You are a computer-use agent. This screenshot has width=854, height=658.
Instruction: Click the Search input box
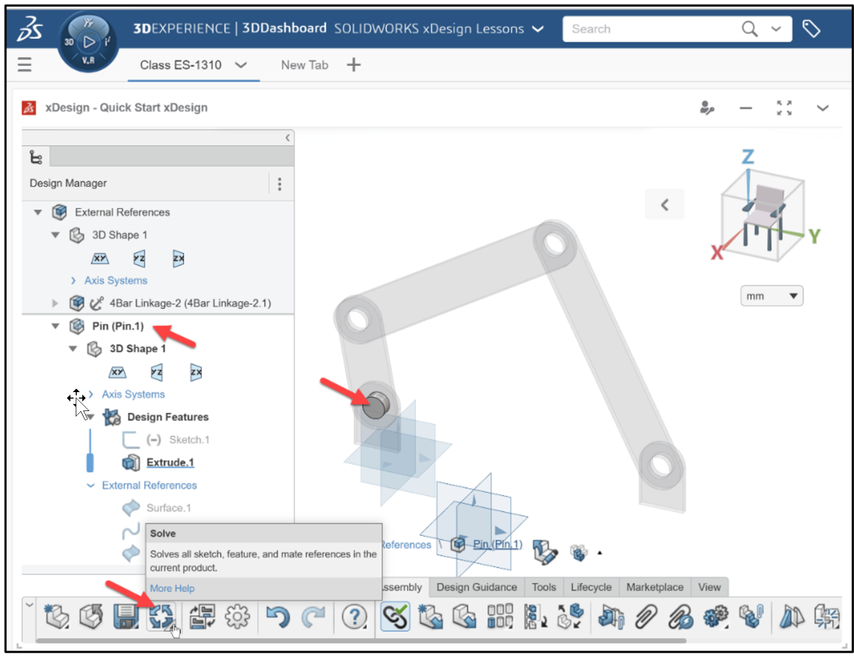(x=651, y=29)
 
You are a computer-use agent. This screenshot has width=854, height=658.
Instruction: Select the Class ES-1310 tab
(x=181, y=65)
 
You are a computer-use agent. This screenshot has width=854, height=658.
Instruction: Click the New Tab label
(x=304, y=65)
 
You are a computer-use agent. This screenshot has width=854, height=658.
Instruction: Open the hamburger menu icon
(x=24, y=65)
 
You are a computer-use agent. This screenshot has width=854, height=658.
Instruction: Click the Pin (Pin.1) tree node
(x=117, y=326)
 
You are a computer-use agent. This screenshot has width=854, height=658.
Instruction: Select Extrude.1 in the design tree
(x=170, y=462)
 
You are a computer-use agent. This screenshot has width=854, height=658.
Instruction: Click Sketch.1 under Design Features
(x=189, y=439)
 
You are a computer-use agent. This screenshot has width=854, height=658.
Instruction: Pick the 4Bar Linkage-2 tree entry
(x=190, y=303)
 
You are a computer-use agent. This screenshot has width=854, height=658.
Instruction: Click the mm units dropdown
(x=771, y=296)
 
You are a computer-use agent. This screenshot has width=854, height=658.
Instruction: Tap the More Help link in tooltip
(x=172, y=588)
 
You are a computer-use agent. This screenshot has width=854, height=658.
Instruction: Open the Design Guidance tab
(x=476, y=587)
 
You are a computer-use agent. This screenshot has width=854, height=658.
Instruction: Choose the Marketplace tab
(x=654, y=587)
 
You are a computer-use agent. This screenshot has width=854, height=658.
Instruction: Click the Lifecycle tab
(x=590, y=587)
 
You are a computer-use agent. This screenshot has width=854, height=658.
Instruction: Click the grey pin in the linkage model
(x=375, y=404)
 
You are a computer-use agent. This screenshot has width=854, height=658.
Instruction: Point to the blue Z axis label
(x=748, y=157)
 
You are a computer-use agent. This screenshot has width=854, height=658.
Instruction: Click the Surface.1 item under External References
(x=168, y=508)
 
